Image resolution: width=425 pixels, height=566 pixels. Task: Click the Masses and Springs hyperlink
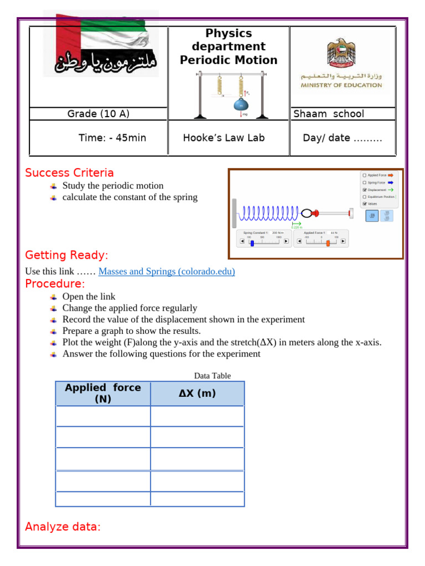click(167, 271)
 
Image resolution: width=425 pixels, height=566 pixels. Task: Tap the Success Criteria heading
click(69, 173)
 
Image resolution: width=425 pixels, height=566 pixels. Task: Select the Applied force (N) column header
click(103, 393)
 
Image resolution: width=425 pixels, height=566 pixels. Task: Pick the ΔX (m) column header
click(197, 394)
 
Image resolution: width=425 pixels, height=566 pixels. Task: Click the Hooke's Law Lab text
click(224, 138)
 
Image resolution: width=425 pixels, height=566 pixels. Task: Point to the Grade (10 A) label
click(99, 114)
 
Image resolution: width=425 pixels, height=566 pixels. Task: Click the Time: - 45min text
click(112, 138)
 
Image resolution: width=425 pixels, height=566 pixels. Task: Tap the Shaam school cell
click(329, 114)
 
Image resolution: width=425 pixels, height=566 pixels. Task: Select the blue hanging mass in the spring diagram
click(241, 104)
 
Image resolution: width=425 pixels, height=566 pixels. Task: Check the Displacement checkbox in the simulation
click(364, 190)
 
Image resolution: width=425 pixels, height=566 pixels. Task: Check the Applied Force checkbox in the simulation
click(364, 175)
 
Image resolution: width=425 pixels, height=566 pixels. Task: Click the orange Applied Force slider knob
click(328, 242)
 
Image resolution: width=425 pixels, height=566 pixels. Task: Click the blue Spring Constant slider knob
click(252, 242)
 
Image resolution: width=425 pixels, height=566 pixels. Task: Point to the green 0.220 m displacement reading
click(296, 227)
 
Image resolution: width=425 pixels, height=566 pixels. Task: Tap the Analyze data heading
click(63, 527)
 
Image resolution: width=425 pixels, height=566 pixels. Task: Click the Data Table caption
click(212, 376)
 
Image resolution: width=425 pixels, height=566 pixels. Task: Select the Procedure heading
click(55, 284)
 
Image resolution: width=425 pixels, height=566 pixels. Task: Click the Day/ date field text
click(342, 138)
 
